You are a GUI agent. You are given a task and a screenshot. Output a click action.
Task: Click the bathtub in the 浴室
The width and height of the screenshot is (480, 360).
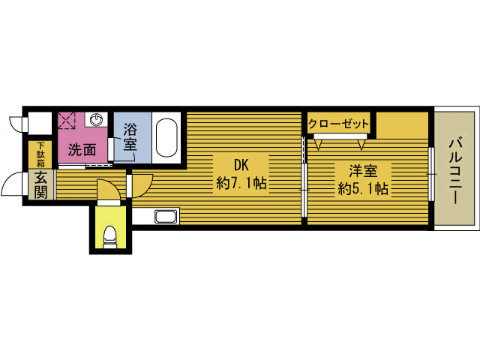coord(166,138)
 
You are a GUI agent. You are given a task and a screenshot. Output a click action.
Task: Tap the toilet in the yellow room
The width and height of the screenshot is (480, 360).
coord(110,237)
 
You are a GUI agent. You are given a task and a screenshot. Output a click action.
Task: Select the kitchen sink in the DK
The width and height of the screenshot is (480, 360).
coord(166,217)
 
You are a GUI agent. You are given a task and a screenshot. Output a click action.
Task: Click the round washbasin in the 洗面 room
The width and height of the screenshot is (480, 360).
coord(96,119)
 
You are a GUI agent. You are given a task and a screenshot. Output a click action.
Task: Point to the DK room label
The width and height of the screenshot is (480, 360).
coord(241,165)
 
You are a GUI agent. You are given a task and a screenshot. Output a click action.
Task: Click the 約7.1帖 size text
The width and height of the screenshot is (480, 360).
coord(241,183)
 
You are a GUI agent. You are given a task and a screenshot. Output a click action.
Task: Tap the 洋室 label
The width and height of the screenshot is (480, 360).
coord(363,170)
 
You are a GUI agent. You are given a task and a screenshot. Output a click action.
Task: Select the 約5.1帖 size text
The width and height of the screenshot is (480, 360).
coord(363,189)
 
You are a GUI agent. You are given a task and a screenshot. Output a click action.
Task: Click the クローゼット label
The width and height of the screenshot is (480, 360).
coord(338,124)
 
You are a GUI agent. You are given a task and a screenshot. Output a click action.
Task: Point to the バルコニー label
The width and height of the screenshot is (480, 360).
coord(456,171)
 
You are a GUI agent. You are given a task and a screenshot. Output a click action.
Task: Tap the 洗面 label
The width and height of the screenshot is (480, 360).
coord(82,150)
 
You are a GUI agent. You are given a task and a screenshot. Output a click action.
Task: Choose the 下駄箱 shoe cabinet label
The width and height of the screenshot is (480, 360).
coord(40,154)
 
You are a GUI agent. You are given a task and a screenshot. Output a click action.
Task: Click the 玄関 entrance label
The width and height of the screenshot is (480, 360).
coord(40,185)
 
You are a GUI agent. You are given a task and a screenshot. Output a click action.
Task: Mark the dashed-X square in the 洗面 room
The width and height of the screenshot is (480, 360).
coord(67,120)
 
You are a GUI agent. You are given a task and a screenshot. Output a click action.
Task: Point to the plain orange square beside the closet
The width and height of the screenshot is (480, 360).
coord(402,125)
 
